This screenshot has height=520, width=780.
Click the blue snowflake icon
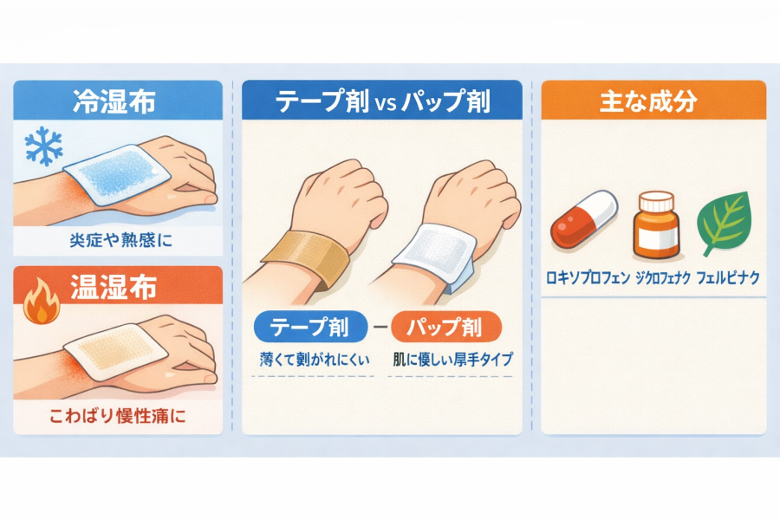pyautogui.click(x=44, y=146)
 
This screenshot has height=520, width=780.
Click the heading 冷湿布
pyautogui.click(x=114, y=101)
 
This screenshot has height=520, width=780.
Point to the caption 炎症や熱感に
pyautogui.click(x=120, y=240)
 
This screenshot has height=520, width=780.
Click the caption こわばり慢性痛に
pyautogui.click(x=117, y=415)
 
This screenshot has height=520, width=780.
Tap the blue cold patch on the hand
pyautogui.click(x=118, y=174)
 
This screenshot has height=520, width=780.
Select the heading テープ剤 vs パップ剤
pyautogui.click(x=382, y=101)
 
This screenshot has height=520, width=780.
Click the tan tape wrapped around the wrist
pyautogui.click(x=306, y=257)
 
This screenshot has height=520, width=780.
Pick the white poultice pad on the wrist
pyautogui.click(x=434, y=254)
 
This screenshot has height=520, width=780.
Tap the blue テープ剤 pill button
pyautogui.click(x=310, y=327)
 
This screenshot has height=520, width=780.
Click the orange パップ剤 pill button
pyautogui.click(x=445, y=327)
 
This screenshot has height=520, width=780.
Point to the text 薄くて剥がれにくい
pyautogui.click(x=315, y=359)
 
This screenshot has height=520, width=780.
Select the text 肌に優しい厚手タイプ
pyautogui.click(x=452, y=359)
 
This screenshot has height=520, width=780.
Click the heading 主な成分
pyautogui.click(x=648, y=101)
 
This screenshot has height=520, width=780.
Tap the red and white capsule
pyautogui.click(x=584, y=219)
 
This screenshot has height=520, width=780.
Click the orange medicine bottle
pyautogui.click(x=656, y=225)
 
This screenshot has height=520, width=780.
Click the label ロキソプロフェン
pyautogui.click(x=588, y=277)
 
